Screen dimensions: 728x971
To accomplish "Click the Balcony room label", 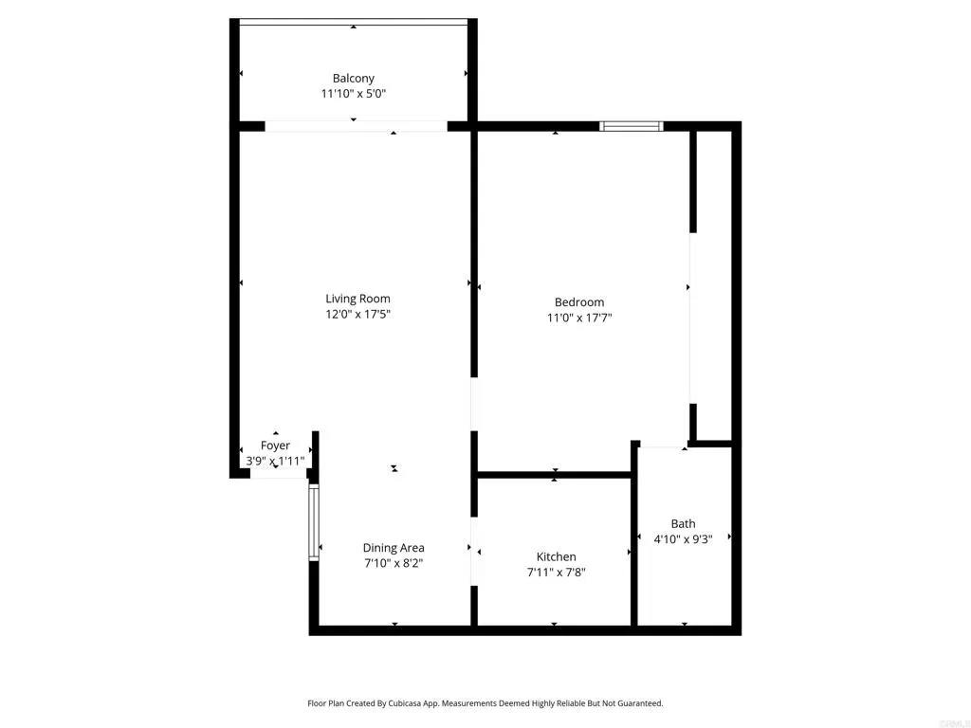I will [353, 78].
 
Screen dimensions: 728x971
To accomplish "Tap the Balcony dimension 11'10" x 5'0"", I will [353, 94].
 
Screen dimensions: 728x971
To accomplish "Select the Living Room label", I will [357, 299].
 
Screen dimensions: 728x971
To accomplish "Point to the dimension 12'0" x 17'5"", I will [357, 315].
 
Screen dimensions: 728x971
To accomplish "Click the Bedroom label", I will [578, 302].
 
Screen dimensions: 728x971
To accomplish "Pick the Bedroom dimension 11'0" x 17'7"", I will [578, 318].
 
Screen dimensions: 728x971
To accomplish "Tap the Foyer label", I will [275, 446].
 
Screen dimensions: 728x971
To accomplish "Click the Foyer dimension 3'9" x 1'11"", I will [275, 462].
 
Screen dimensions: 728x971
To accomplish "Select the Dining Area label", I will [394, 548].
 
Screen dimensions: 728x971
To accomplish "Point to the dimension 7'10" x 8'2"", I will [394, 563].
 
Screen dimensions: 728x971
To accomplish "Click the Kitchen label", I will [556, 556].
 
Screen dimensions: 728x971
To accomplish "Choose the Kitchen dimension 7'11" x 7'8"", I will [556, 573].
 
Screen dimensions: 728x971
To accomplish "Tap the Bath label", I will [683, 523].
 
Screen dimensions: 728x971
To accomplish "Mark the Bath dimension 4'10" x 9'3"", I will [683, 538].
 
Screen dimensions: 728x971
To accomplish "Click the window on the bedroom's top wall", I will [632, 125].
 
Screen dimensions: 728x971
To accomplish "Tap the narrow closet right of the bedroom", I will [715, 284].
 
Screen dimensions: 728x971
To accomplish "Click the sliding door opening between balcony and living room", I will [356, 125].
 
